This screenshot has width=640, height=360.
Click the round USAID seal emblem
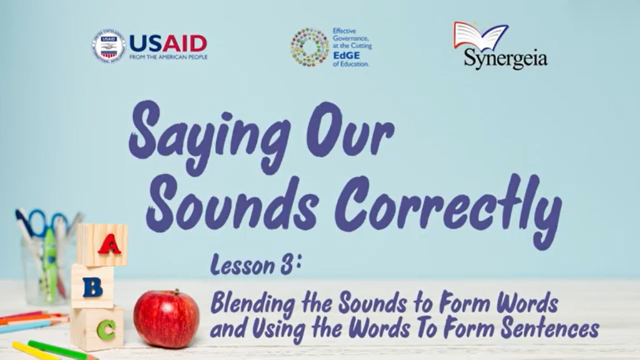pos(108,46)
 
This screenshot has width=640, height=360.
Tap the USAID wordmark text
pos(168,43)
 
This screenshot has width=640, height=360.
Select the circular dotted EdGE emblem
pos(309,47)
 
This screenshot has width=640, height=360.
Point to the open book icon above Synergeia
pos(481,37)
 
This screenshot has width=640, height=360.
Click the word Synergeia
pos(505,58)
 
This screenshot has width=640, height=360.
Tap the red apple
pos(166,319)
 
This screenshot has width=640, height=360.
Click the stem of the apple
pos(176,292)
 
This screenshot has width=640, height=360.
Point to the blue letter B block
pos(92,287)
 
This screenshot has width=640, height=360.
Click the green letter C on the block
pos(106,330)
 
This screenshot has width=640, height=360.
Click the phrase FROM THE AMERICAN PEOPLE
pos(168,57)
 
